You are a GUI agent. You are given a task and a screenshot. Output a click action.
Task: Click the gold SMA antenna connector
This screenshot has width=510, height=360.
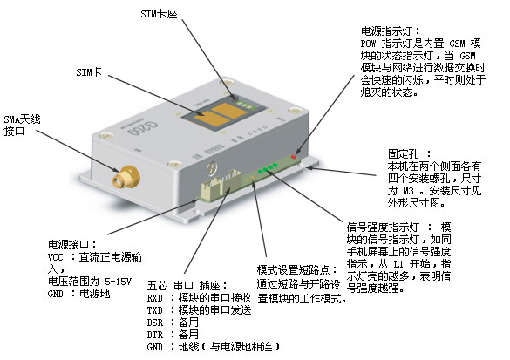coord(126,178)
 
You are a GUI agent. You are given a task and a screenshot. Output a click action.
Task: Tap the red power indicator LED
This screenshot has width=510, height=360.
coord(294,157)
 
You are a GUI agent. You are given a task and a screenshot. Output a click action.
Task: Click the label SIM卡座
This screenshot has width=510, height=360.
coord(159,14)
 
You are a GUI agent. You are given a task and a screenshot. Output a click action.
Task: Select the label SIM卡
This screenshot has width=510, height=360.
coord(89,72)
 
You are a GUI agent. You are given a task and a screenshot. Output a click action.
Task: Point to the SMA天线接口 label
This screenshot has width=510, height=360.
coord(22,126)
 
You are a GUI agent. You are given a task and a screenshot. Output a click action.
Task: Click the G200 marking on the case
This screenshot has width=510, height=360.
coord(142,128)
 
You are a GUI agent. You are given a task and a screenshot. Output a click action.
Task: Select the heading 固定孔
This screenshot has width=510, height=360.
coord(404,153)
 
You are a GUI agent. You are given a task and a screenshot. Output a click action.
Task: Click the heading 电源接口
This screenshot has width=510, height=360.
coord(68,244)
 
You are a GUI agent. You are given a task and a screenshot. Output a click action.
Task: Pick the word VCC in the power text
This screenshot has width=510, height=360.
coord(55,257)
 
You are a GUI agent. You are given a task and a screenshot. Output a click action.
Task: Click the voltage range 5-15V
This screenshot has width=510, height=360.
coord(118,282)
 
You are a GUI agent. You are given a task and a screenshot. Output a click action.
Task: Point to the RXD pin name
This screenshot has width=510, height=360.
coord(154,298)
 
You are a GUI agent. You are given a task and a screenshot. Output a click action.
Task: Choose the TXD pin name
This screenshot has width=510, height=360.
coord(154,310)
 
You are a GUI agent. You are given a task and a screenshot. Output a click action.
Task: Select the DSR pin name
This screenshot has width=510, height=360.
coord(154,323)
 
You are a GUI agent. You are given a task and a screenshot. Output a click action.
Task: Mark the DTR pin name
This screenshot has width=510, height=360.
coord(154,335)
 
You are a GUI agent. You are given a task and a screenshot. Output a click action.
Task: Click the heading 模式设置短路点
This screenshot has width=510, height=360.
coord(293,269)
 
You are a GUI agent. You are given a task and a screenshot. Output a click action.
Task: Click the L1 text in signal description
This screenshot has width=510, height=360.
coord(398,264)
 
